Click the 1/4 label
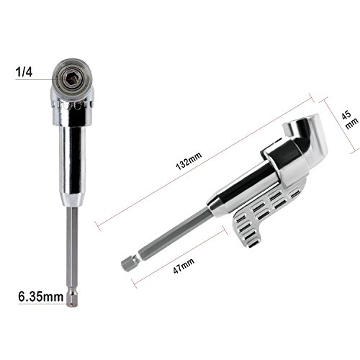point(24,72)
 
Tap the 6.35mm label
point(41,297)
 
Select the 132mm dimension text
point(189,161)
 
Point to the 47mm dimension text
point(184,266)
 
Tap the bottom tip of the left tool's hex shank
point(72,306)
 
